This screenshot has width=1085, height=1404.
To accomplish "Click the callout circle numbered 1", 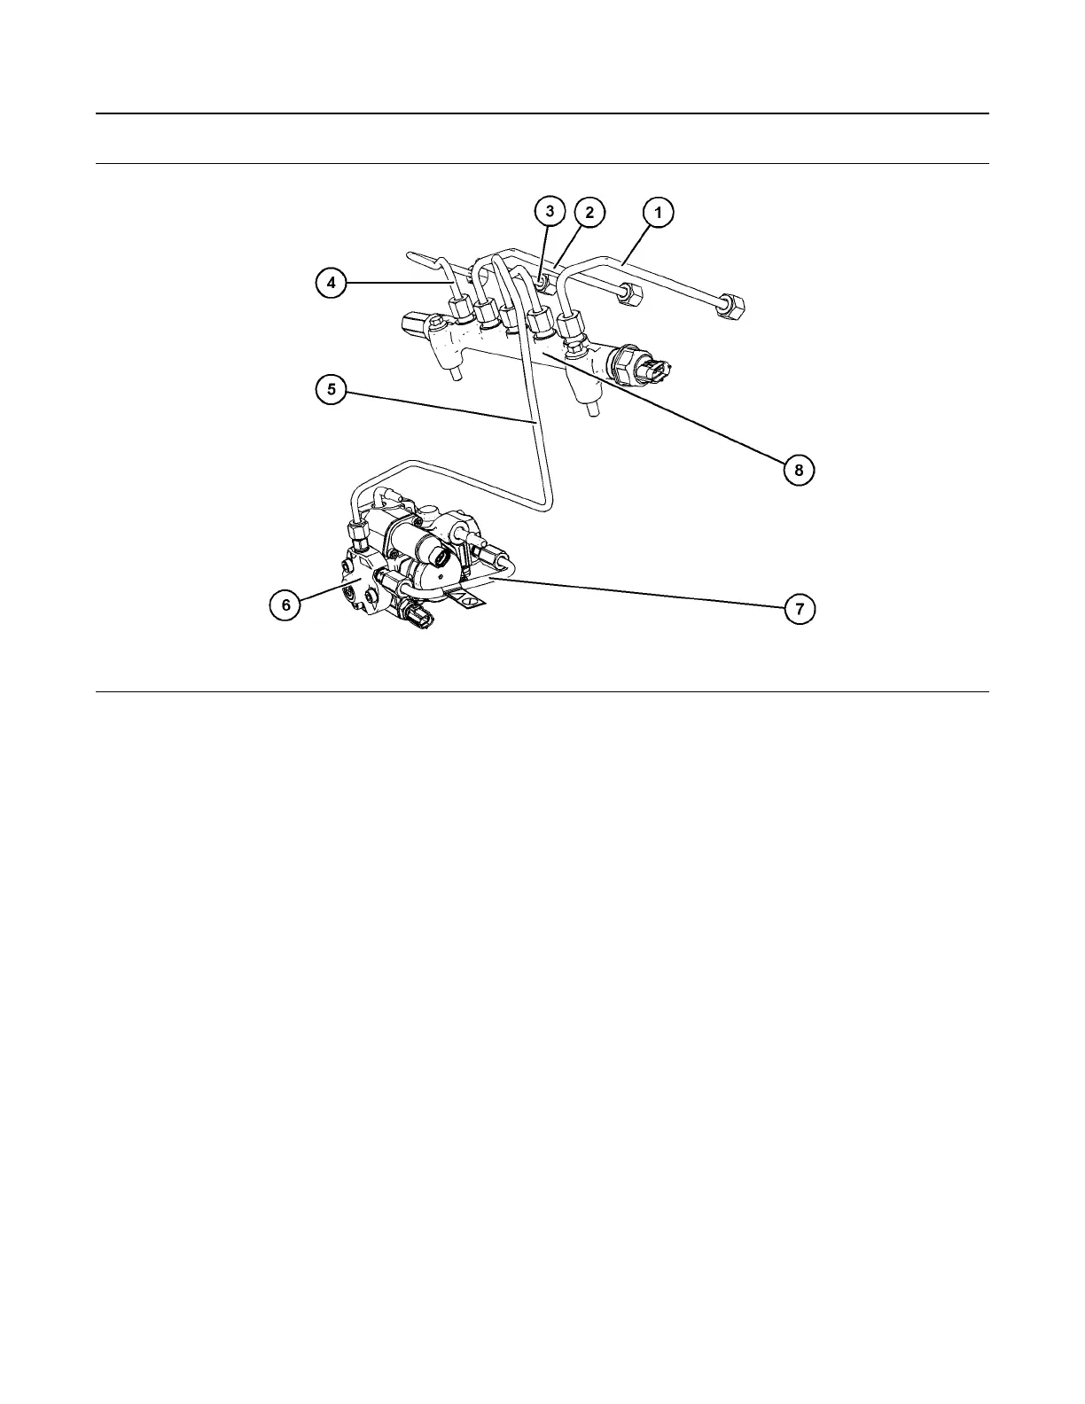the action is click(658, 213).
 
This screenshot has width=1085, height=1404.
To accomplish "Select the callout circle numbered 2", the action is click(589, 213).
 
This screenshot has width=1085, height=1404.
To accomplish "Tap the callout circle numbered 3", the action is click(550, 211).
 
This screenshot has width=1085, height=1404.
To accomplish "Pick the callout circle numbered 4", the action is click(331, 283).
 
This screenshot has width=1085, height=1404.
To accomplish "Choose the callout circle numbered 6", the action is click(285, 604).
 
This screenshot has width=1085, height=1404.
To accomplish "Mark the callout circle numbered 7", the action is click(799, 609).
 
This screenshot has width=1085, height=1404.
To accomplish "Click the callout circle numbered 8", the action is click(799, 470).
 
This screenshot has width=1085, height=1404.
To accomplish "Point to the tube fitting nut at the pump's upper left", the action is click(358, 534).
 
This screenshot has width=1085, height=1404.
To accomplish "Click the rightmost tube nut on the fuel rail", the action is click(570, 323).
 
